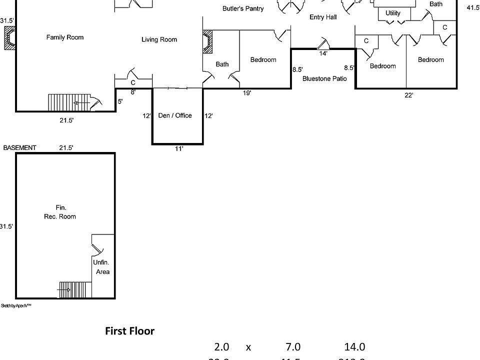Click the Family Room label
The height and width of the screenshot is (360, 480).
pyautogui.click(x=65, y=37)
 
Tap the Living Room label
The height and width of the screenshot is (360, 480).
pyautogui.click(x=159, y=40)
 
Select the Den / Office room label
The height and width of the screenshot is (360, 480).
pyautogui.click(x=175, y=115)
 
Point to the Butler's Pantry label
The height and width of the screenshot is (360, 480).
pyautogui.click(x=243, y=9)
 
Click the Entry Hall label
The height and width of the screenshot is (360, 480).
pyautogui.click(x=323, y=17)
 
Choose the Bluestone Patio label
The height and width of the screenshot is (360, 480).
pyautogui.click(x=324, y=78)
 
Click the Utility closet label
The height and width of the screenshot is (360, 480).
pyautogui.click(x=393, y=13)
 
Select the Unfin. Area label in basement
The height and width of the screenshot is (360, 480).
pyautogui.click(x=102, y=267)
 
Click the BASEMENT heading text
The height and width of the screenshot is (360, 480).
pyautogui.click(x=19, y=148)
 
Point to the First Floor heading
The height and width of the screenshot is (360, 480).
pyautogui.click(x=129, y=331)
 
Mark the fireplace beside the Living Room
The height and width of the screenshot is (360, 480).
pyautogui.click(x=207, y=41)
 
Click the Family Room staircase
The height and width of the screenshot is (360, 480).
pyautogui.click(x=67, y=102)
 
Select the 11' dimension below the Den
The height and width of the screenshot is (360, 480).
pyautogui.click(x=178, y=148)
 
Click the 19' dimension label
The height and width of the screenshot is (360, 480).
pyautogui.click(x=247, y=92)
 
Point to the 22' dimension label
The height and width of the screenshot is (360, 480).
pyautogui.click(x=408, y=95)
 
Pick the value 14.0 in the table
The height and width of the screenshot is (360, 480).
pyautogui.click(x=354, y=347)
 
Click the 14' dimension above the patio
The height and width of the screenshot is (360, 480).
pyautogui.click(x=323, y=53)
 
